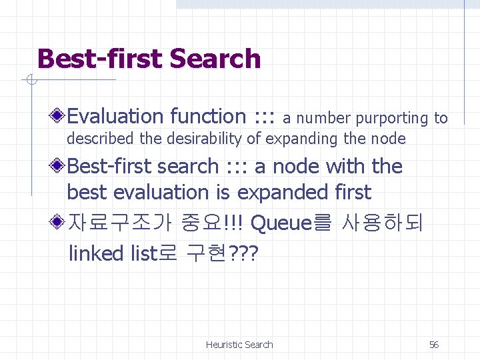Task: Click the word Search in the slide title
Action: tap(215, 59)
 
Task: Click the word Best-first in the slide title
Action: tap(99, 59)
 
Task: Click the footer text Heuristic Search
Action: tap(239, 345)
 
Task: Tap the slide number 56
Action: tap(433, 345)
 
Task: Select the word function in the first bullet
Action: tap(207, 117)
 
